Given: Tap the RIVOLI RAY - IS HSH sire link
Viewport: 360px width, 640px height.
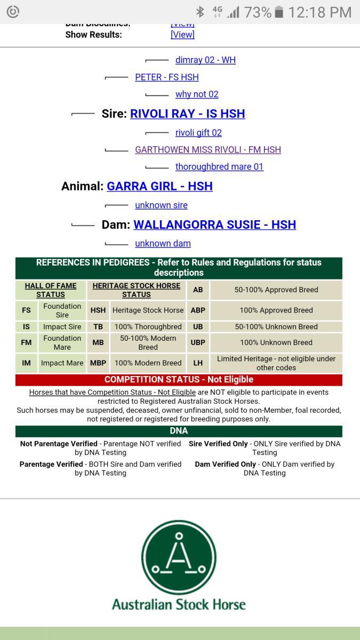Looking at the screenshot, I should (x=187, y=114).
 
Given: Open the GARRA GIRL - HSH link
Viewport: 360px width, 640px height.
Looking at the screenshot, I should (x=159, y=186).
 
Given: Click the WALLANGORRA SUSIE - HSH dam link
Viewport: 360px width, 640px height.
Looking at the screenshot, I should (x=214, y=225).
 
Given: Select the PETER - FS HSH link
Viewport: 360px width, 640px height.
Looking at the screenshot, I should (x=166, y=77).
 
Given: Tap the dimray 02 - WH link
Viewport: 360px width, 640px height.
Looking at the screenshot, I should (x=205, y=60).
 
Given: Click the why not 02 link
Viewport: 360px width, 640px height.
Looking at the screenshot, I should (x=197, y=94).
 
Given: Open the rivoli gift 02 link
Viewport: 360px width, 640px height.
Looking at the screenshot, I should (x=198, y=133).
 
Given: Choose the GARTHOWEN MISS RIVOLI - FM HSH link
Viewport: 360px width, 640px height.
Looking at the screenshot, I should (x=207, y=150).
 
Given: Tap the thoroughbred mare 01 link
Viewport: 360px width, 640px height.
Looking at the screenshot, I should (x=219, y=167).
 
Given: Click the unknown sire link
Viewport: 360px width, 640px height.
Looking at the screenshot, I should (x=161, y=205).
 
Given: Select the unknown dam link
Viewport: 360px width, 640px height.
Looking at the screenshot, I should (x=163, y=244).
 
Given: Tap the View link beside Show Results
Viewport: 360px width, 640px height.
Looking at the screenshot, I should (x=182, y=35).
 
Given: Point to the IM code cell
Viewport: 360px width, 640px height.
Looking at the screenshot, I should (x=26, y=363).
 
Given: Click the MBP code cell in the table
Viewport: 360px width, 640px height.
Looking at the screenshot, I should (x=98, y=363).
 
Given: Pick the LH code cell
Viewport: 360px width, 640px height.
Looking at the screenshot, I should (x=198, y=363).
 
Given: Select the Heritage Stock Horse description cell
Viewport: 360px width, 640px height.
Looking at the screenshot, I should (x=148, y=310).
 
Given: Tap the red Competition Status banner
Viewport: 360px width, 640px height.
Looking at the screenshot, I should (x=179, y=380).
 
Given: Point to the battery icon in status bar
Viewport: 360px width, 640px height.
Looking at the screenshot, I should (x=278, y=12).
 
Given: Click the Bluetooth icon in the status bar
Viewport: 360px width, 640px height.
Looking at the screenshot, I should (x=200, y=12).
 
